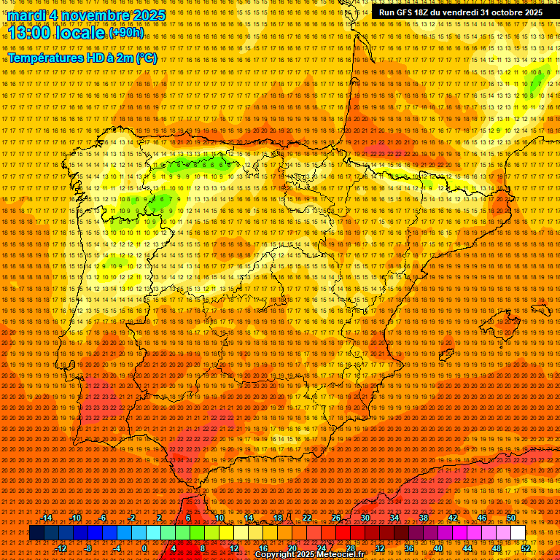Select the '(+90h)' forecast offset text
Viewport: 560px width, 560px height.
point(126,33)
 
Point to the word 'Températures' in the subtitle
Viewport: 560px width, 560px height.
point(45,58)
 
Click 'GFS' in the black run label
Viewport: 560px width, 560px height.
point(403,12)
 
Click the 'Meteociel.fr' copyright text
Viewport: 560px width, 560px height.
point(335,555)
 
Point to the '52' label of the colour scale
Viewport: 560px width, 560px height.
point(525,548)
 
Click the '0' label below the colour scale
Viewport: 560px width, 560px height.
point(144,548)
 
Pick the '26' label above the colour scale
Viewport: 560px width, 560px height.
point(336,518)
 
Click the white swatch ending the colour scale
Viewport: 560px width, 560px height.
point(518,533)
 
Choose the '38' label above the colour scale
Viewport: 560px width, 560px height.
point(423,518)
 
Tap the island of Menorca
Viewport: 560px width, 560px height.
point(542,309)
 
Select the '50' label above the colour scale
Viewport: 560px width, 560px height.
point(510,518)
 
